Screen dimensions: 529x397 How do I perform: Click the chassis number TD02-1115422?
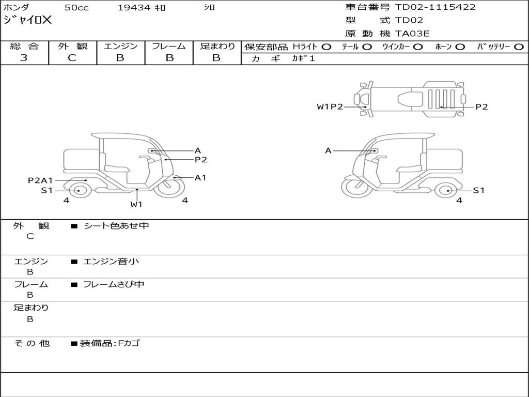coord(435,7)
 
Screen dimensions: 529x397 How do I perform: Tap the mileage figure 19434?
coord(134,7)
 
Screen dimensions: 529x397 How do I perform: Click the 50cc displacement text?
coord(76,7)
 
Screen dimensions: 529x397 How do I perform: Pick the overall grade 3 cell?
coord(24,58)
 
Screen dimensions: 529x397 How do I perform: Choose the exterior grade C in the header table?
coord(72,58)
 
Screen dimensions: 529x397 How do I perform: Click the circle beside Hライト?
coord(326,47)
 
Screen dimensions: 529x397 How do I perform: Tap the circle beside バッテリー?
coord(519,47)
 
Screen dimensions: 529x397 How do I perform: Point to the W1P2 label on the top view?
coord(330,106)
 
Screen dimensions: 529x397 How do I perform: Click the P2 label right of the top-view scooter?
coord(481,106)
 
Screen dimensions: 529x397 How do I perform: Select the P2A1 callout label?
coord(40,180)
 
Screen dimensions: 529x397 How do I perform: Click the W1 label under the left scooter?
coord(136,205)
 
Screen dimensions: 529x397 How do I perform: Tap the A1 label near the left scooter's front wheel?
coord(200,178)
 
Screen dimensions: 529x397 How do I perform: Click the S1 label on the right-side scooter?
coord(478,190)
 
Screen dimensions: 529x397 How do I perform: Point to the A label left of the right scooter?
coord(328,151)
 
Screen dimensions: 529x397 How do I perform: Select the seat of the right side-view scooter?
coord(409,169)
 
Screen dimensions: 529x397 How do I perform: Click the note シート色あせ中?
coord(116,225)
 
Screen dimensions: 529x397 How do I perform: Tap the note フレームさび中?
coord(114,284)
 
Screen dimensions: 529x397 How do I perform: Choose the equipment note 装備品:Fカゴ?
coord(110,343)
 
